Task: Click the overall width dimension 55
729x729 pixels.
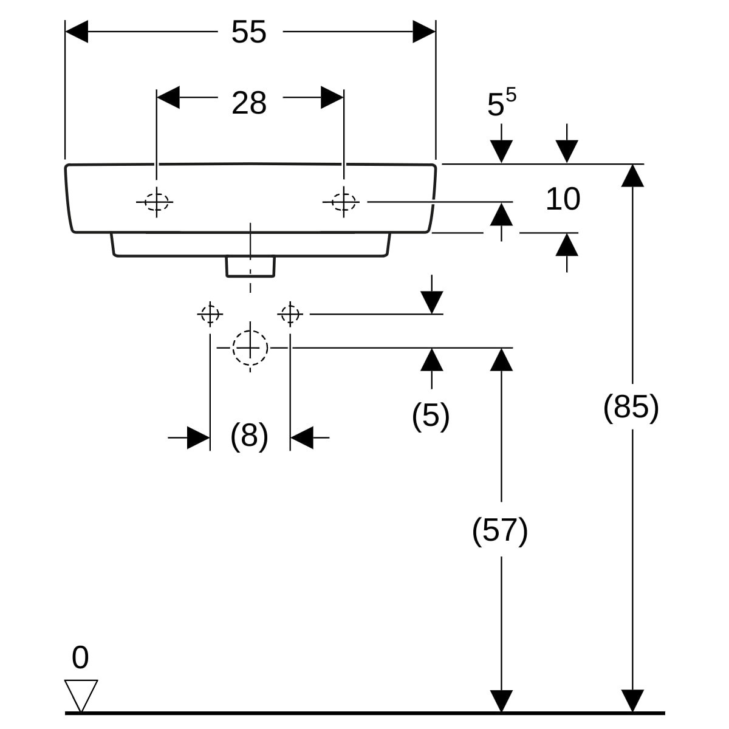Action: (x=249, y=32)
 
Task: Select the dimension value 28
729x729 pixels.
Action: (x=249, y=103)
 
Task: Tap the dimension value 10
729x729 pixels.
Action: (x=563, y=199)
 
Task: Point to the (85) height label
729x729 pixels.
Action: (x=631, y=407)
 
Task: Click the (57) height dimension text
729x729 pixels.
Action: (x=500, y=530)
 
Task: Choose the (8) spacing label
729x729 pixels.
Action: (x=249, y=436)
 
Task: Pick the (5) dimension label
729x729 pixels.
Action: (x=431, y=416)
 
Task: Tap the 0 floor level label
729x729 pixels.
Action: (x=80, y=657)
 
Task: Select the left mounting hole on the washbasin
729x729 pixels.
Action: (x=157, y=202)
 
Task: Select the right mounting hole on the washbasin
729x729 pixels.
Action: (x=343, y=202)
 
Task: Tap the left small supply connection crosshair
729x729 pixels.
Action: (x=210, y=314)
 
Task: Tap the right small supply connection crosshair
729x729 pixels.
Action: (x=290, y=314)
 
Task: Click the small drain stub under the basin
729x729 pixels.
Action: (x=250, y=267)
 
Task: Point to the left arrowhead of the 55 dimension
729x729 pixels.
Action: (x=77, y=32)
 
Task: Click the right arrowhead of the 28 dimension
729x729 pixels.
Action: (x=332, y=98)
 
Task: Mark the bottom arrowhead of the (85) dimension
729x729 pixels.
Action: (x=632, y=701)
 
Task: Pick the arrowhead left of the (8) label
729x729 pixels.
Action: (x=199, y=437)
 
